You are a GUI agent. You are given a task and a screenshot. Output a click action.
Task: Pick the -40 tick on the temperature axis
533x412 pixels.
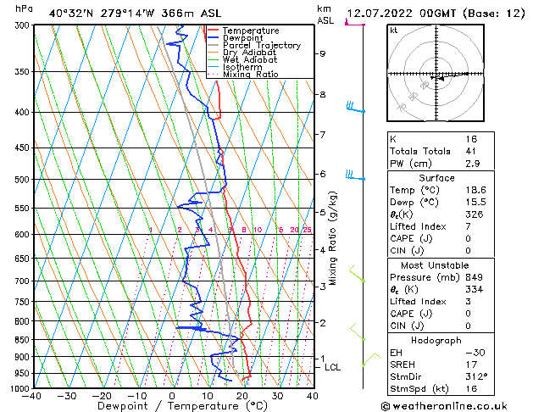pyautogui.click(x=32, y=396)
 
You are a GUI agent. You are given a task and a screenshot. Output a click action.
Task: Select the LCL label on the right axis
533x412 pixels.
pyautogui.click(x=333, y=367)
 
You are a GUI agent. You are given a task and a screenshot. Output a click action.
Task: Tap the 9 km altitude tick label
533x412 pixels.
pyautogui.click(x=323, y=53)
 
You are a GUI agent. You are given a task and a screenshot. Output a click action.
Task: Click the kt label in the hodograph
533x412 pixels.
pyautogui.click(x=393, y=30)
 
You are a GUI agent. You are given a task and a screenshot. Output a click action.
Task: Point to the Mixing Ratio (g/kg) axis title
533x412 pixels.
pyautogui.click(x=333, y=237)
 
